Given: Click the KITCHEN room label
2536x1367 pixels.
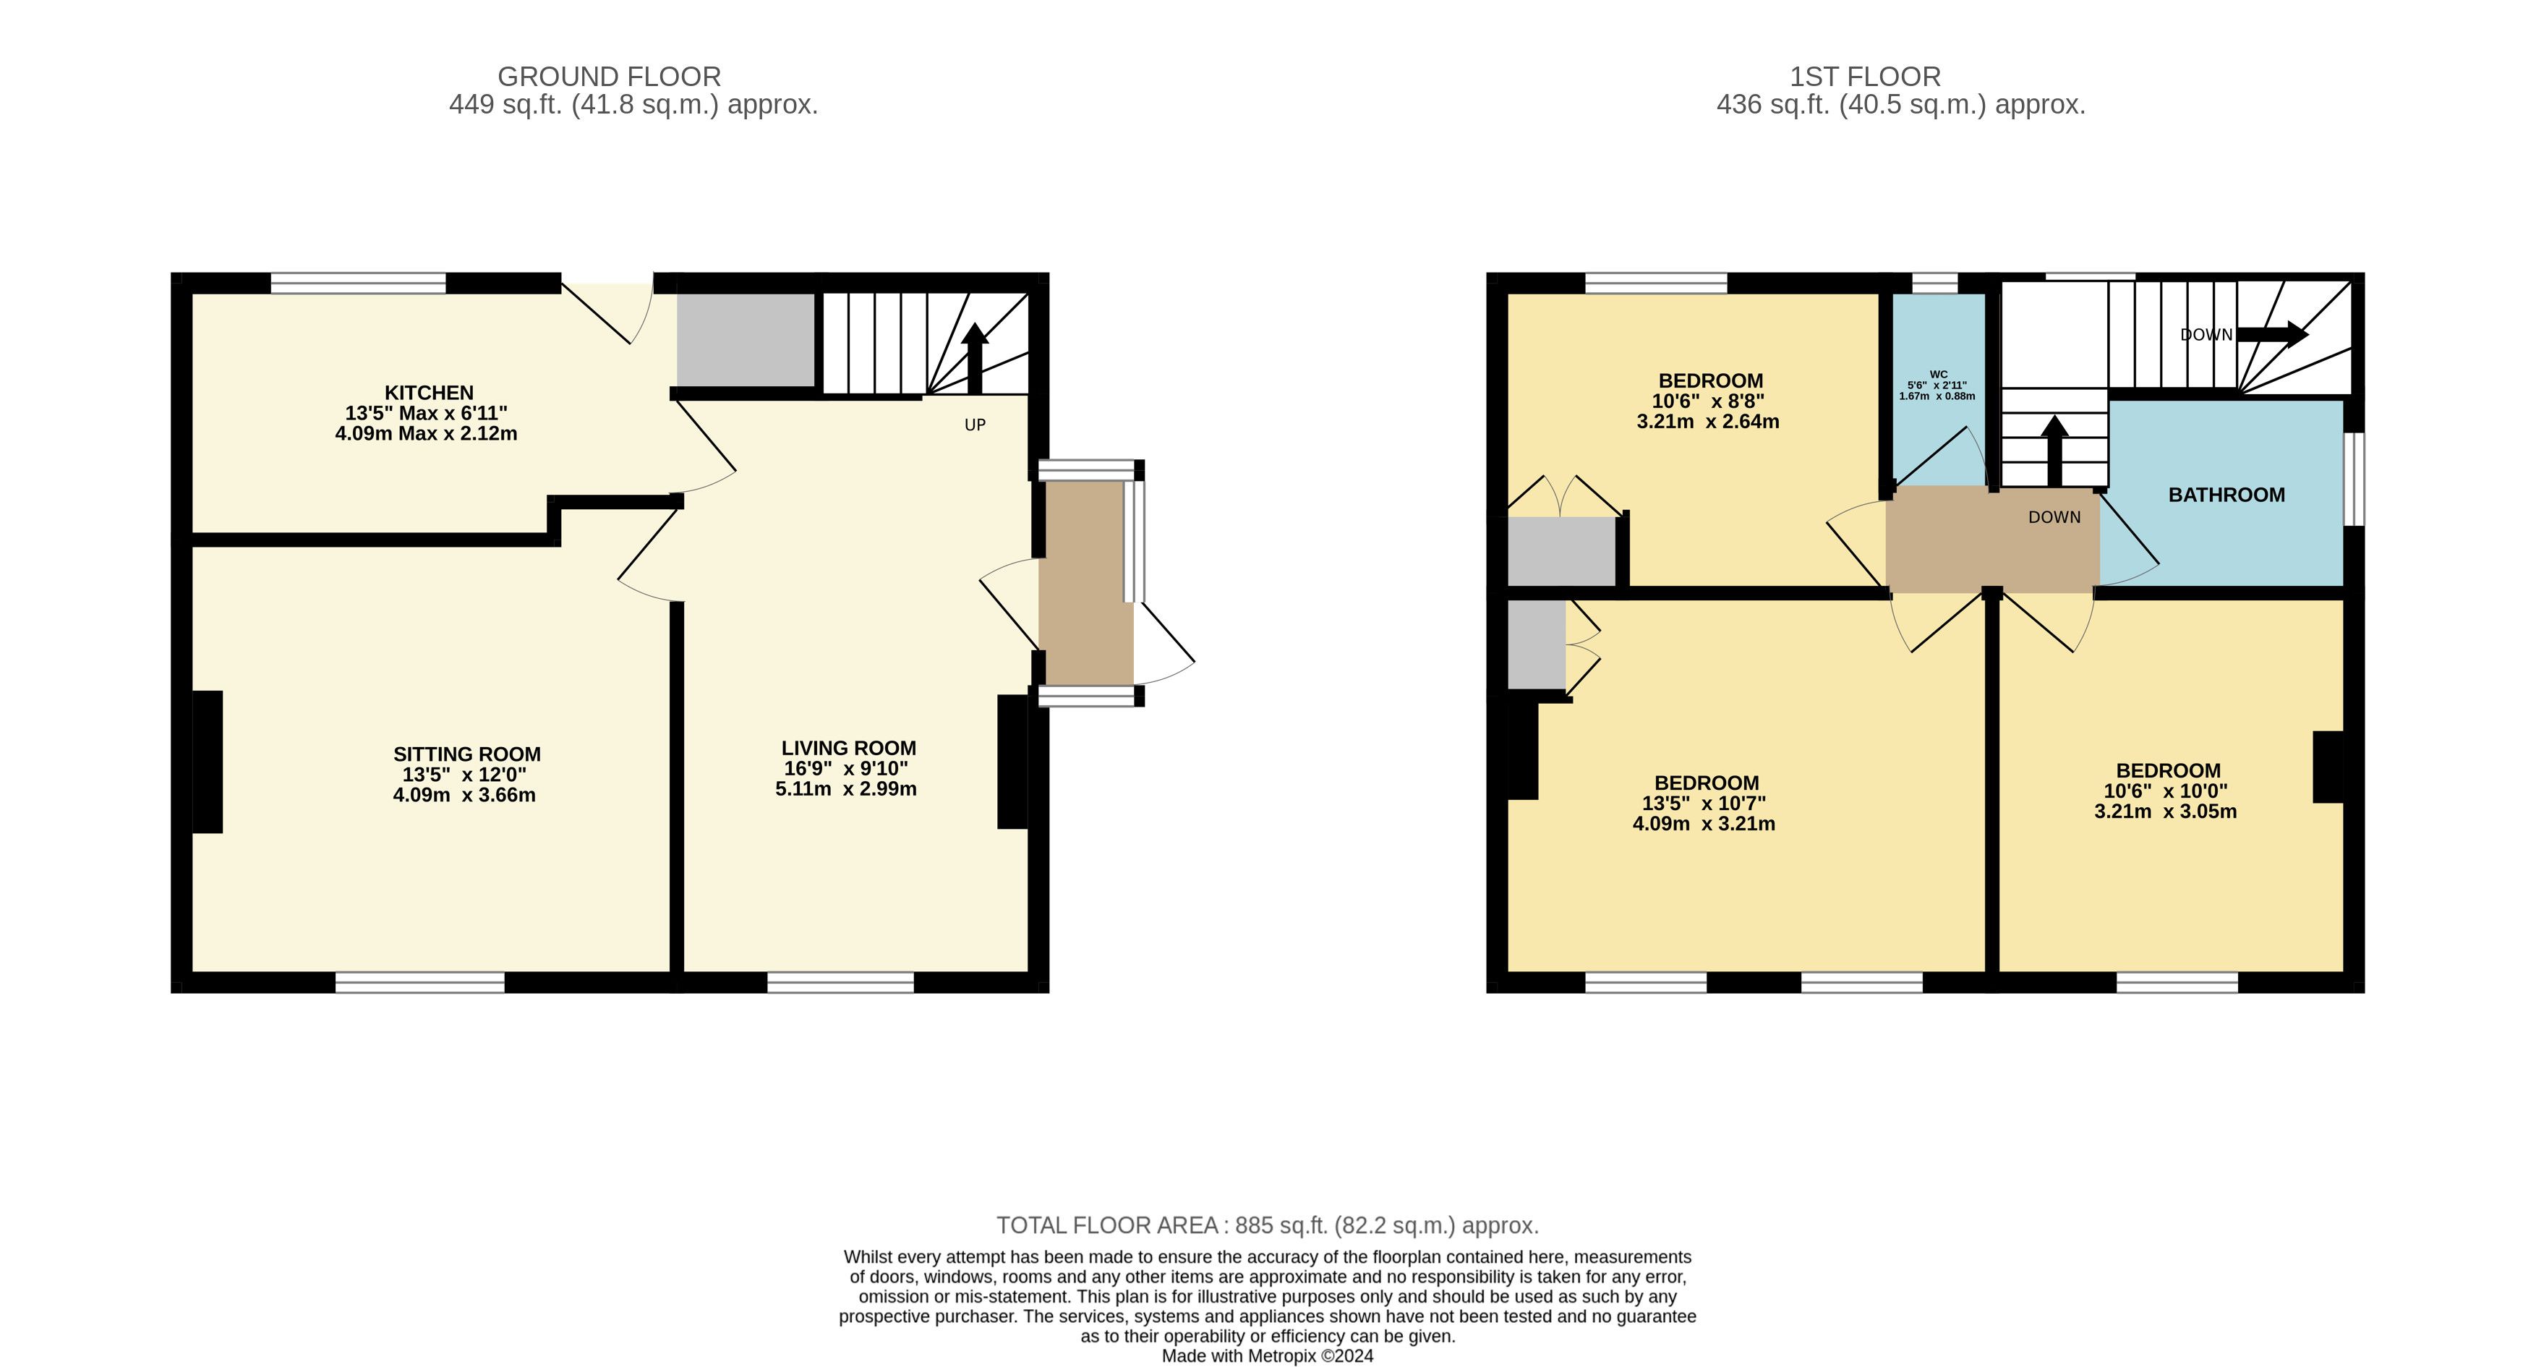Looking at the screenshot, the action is tap(428, 392).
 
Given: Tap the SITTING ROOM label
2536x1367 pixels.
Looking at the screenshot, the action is tap(466, 754).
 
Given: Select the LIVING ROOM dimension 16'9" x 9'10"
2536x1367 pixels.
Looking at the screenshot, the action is tap(845, 768).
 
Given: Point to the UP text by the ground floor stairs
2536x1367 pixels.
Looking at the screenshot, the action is tap(975, 425).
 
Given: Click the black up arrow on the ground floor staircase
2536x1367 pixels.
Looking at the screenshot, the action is tap(975, 359).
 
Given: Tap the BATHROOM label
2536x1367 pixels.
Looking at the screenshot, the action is tap(2226, 495).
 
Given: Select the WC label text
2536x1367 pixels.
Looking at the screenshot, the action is tap(1937, 374).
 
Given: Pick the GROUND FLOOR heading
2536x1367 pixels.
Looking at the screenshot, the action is tap(610, 77).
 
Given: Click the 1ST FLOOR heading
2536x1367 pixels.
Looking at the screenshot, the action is tap(1865, 77).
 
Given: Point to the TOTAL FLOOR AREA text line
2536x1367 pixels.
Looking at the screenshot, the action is tap(1267, 1225).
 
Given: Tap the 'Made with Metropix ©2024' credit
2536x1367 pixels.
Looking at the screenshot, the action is tap(1267, 1355).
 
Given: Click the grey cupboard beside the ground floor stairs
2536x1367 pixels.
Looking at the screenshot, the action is tap(746, 340).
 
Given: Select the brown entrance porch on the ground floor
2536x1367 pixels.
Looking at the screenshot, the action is tap(1086, 582).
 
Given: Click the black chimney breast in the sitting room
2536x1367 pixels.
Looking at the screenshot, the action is tap(207, 762).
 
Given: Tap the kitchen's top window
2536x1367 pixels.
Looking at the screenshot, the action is tap(359, 284).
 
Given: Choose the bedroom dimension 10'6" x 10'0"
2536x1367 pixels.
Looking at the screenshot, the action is tap(2165, 791).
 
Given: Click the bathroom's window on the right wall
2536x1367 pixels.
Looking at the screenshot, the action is tap(2354, 479).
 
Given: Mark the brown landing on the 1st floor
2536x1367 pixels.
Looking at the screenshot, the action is tap(1993, 540).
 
